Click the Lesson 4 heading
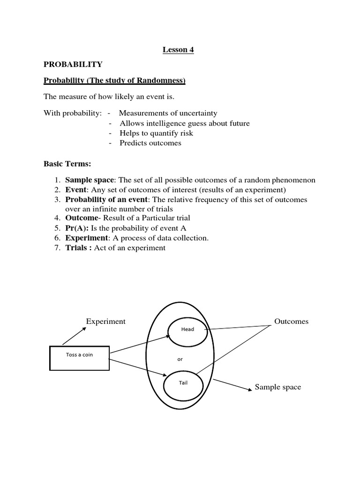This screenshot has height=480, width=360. pyautogui.click(x=178, y=50)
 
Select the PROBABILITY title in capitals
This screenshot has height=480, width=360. pyautogui.click(x=73, y=64)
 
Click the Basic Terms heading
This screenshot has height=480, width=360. pyautogui.click(x=67, y=164)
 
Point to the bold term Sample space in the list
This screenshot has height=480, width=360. pyautogui.click(x=89, y=180)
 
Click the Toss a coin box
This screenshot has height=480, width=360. pyautogui.click(x=79, y=358)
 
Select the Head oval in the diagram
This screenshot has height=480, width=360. pyautogui.click(x=187, y=330)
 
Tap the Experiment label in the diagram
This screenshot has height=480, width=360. pyautogui.click(x=105, y=322)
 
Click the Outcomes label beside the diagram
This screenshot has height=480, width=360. pyautogui.click(x=291, y=322)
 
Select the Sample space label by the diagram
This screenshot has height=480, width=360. pyautogui.click(x=278, y=387)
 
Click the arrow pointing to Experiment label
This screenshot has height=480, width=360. pyautogui.click(x=74, y=336)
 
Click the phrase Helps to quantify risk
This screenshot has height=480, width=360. pyautogui.click(x=156, y=133)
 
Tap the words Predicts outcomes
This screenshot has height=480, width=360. pyautogui.click(x=150, y=143)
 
